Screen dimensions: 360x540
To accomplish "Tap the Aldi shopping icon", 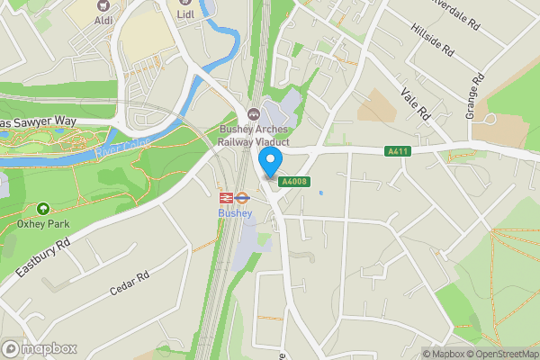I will pyautogui.click(x=112, y=5).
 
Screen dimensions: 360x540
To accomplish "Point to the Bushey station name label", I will pyautogui.click(x=235, y=213).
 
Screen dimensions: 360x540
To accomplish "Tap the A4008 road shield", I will pyautogui.click(x=294, y=182).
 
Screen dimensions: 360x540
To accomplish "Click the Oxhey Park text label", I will pyautogui.click(x=44, y=222).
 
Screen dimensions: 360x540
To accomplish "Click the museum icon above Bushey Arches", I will pyautogui.click(x=253, y=113).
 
